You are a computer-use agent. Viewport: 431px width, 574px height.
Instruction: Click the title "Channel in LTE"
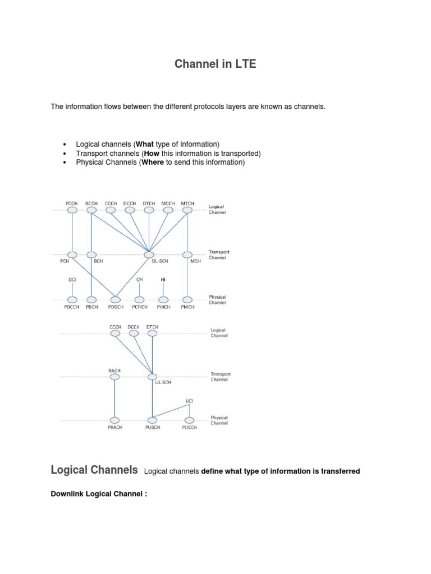(215, 64)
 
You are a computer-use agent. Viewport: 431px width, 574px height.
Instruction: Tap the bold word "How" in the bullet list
(152, 153)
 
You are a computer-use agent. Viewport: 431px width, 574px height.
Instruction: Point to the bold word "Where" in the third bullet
(153, 163)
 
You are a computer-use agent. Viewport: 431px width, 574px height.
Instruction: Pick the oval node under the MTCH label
(187, 210)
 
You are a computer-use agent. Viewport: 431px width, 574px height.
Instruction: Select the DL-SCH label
(149, 261)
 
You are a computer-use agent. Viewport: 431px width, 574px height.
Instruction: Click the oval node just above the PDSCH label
(116, 299)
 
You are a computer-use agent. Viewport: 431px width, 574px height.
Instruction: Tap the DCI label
(72, 279)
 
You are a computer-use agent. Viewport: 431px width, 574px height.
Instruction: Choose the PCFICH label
(140, 307)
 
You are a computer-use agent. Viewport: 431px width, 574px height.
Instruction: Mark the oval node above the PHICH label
(163, 299)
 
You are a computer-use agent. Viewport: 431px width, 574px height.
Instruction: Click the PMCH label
(188, 307)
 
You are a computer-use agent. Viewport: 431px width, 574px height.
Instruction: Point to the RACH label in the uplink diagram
(114, 370)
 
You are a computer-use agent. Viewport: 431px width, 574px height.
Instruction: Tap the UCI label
(190, 401)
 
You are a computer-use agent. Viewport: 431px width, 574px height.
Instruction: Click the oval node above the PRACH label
(114, 420)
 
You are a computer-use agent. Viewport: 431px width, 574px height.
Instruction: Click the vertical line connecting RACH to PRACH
(114, 399)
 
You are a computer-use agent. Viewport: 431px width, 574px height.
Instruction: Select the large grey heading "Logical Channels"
(94, 470)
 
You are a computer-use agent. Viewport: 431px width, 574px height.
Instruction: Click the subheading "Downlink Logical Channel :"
(99, 494)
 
